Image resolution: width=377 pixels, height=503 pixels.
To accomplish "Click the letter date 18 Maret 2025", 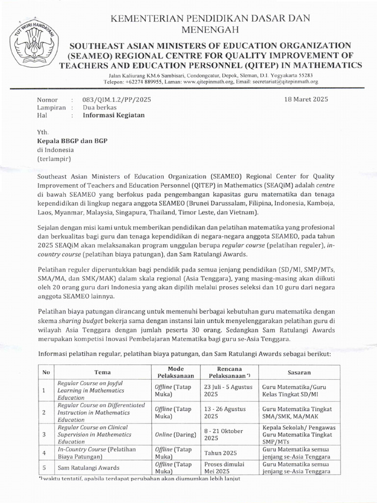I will (306, 99).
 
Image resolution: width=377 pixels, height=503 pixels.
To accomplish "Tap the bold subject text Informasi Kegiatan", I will (113, 116).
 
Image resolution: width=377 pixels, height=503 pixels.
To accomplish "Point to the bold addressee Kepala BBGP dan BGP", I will (72, 140).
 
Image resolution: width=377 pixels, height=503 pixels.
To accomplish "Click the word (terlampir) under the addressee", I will (54, 159).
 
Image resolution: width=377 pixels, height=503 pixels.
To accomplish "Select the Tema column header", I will (102, 372).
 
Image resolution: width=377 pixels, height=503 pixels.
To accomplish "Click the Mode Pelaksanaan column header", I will (175, 372).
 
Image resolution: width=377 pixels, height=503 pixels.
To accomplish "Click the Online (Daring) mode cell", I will (175, 435).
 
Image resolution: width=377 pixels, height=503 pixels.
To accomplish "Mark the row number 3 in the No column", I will (44, 435).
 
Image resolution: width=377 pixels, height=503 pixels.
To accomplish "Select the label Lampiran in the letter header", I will (51, 108).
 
